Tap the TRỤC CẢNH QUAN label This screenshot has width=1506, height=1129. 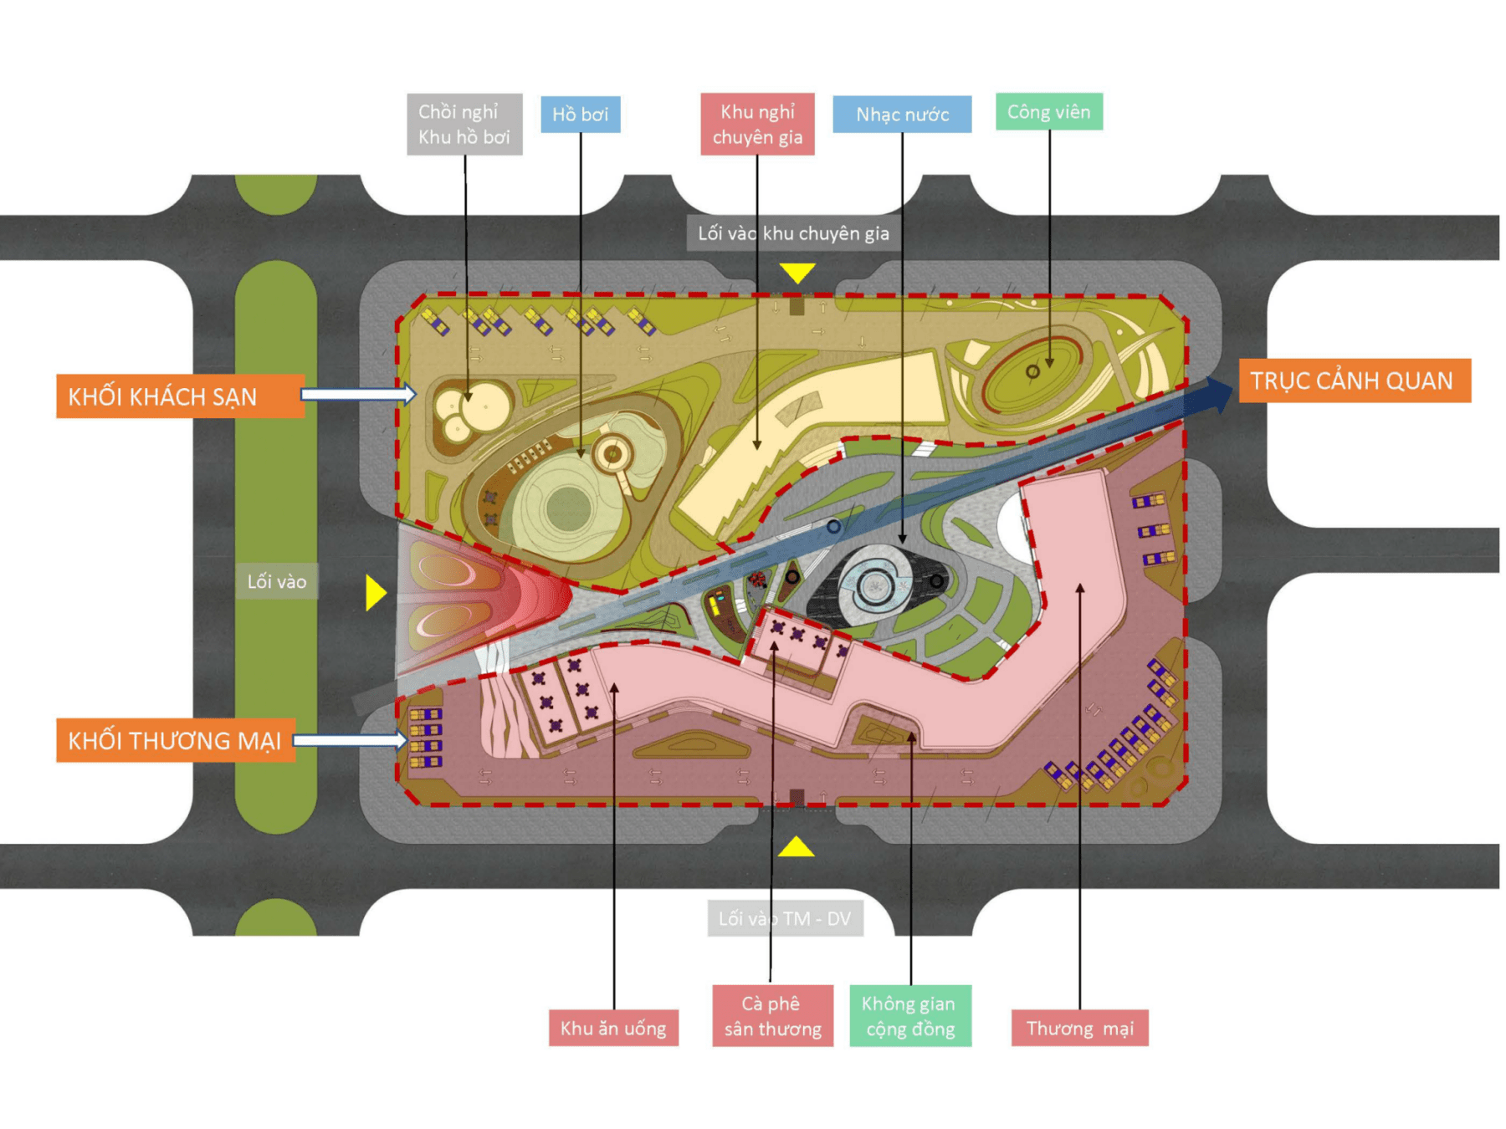coord(1354,381)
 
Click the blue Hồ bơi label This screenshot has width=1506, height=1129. coord(580,115)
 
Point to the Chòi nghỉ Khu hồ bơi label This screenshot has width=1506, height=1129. coord(464,125)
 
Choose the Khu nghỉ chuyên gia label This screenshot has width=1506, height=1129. coord(757,125)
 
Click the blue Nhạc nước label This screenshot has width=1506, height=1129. coord(902,115)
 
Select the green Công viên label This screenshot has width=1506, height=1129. coord(1048,112)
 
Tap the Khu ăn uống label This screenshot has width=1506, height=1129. coord(613,1028)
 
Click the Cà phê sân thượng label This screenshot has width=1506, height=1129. coord(772,1016)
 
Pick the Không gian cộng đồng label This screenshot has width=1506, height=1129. coord(909,1016)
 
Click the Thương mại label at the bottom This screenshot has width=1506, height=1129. coord(1079,1028)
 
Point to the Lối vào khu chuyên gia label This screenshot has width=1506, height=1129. coord(793,233)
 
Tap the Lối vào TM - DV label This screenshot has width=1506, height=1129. coord(785,918)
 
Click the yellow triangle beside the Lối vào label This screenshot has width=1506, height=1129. coord(375,592)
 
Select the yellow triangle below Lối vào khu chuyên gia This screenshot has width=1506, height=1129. coord(797,272)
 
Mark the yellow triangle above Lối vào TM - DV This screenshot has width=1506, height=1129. coord(796,848)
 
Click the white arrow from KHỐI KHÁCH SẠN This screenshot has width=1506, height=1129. coord(358,394)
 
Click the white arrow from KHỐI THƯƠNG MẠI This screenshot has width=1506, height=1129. coord(350,740)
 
